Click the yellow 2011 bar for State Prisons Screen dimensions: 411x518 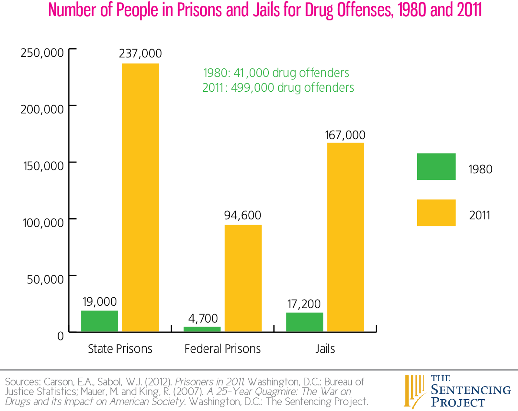(x=141, y=198)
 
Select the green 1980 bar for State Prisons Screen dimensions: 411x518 (x=99, y=321)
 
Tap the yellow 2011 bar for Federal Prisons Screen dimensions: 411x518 (x=243, y=278)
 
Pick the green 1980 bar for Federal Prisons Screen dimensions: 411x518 (x=202, y=329)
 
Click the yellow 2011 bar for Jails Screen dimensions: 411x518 (x=345, y=237)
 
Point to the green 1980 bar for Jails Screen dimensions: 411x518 (x=304, y=322)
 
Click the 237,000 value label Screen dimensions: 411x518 (x=140, y=53)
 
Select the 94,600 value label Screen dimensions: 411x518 (x=242, y=215)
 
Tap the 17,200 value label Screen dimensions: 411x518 (x=304, y=304)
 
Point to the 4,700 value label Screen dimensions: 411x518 (x=203, y=318)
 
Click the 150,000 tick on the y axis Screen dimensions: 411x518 (x=43, y=166)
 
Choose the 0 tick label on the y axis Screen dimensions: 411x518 (x=61, y=336)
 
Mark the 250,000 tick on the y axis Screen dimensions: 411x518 (x=42, y=53)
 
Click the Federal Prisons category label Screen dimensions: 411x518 (x=222, y=349)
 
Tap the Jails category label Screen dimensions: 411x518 (x=325, y=349)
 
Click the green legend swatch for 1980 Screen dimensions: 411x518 (x=436, y=166)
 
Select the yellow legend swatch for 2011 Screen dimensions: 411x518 (x=436, y=212)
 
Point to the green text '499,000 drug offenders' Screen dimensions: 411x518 (x=292, y=88)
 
